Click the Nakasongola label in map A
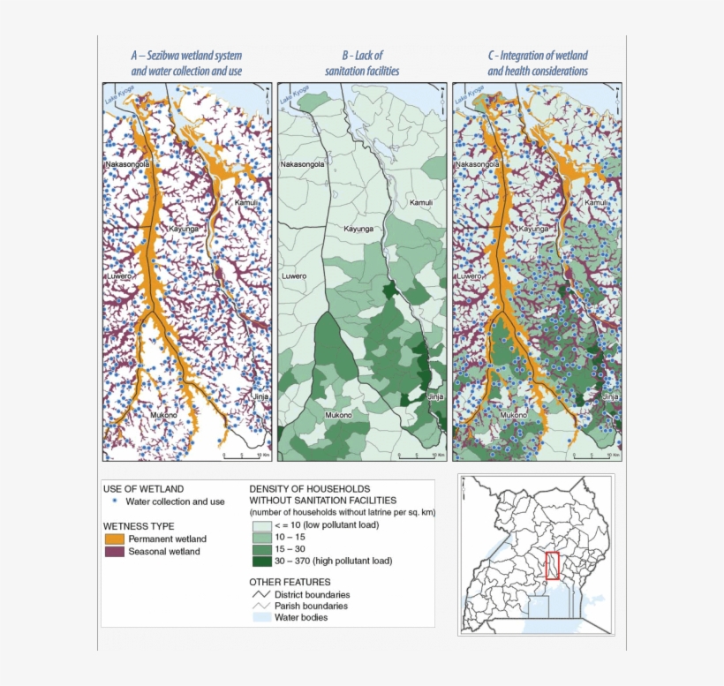[x=128, y=164]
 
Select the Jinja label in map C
[x=611, y=397]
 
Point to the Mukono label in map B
[x=340, y=414]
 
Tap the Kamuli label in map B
[x=422, y=203]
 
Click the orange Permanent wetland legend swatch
[x=115, y=539]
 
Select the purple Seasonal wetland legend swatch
[x=115, y=552]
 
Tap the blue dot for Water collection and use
[x=115, y=501]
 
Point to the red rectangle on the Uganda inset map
[x=553, y=565]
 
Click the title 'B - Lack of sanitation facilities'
[x=361, y=63]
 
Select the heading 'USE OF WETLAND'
[x=143, y=488]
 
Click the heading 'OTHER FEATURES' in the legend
[x=290, y=583]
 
